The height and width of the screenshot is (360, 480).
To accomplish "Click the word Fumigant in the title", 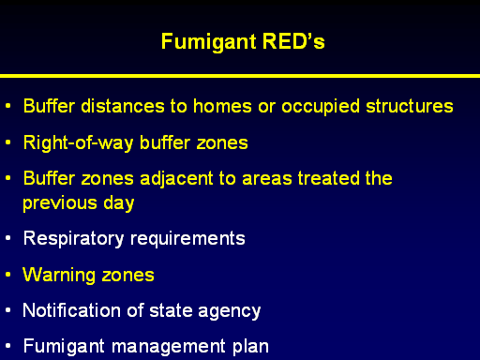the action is [209, 42].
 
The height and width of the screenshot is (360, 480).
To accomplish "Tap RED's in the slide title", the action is [293, 41].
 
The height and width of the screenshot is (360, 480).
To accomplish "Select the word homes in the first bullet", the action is [222, 106].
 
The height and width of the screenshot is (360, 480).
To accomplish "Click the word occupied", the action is [321, 107].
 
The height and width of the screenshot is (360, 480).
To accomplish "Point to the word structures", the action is [410, 106].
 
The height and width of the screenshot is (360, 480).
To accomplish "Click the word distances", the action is [123, 106].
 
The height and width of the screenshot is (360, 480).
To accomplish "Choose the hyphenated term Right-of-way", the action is [78, 143].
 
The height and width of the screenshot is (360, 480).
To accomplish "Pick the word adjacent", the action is [176, 179].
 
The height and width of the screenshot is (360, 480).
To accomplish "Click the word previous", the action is [60, 203].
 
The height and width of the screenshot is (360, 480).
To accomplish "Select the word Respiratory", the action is [74, 239].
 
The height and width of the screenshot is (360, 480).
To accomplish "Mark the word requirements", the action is [187, 239].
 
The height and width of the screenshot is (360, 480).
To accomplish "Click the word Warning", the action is [59, 276].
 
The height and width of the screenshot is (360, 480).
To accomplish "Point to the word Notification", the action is [71, 310].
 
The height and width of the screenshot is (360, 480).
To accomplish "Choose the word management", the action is [169, 347].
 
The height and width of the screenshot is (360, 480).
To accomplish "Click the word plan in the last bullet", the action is [250, 347].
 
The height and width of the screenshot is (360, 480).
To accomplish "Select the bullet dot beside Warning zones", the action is [8, 275].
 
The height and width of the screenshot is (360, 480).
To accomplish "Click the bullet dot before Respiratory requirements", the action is [8, 238].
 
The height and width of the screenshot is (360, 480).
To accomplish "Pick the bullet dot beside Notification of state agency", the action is [8, 310].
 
